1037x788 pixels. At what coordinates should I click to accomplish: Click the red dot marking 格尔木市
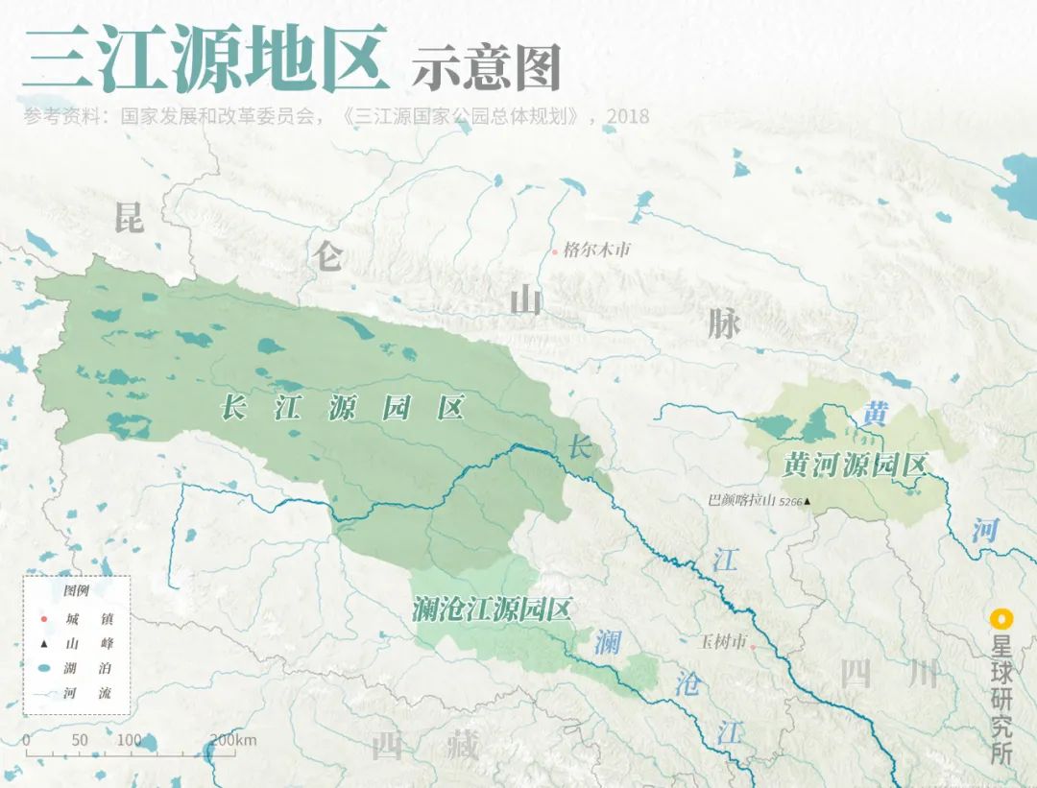(555, 251)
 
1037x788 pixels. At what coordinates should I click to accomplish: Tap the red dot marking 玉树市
(754, 647)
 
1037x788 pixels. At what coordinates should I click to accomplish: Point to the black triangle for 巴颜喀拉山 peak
(808, 501)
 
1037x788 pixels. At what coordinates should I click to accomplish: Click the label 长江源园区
(343, 408)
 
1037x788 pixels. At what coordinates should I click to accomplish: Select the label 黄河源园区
(854, 466)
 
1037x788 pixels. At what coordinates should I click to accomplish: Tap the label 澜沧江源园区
(492, 609)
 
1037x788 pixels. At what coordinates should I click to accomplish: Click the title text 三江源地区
(205, 59)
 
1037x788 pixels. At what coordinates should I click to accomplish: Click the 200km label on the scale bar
(232, 740)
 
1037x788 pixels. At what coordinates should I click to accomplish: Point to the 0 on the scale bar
(26, 740)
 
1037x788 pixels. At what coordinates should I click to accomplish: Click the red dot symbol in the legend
(44, 618)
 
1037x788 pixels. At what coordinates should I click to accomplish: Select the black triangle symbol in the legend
(44, 643)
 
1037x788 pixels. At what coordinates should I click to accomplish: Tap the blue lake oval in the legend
(44, 668)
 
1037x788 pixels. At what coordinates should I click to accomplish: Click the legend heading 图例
(76, 590)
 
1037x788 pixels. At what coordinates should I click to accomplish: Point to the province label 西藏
(424, 746)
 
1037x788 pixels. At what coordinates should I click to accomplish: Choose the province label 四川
(890, 675)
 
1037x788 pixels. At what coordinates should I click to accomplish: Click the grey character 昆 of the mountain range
(129, 218)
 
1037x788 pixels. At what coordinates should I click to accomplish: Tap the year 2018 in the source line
(628, 117)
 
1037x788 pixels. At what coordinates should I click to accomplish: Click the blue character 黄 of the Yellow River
(875, 414)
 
